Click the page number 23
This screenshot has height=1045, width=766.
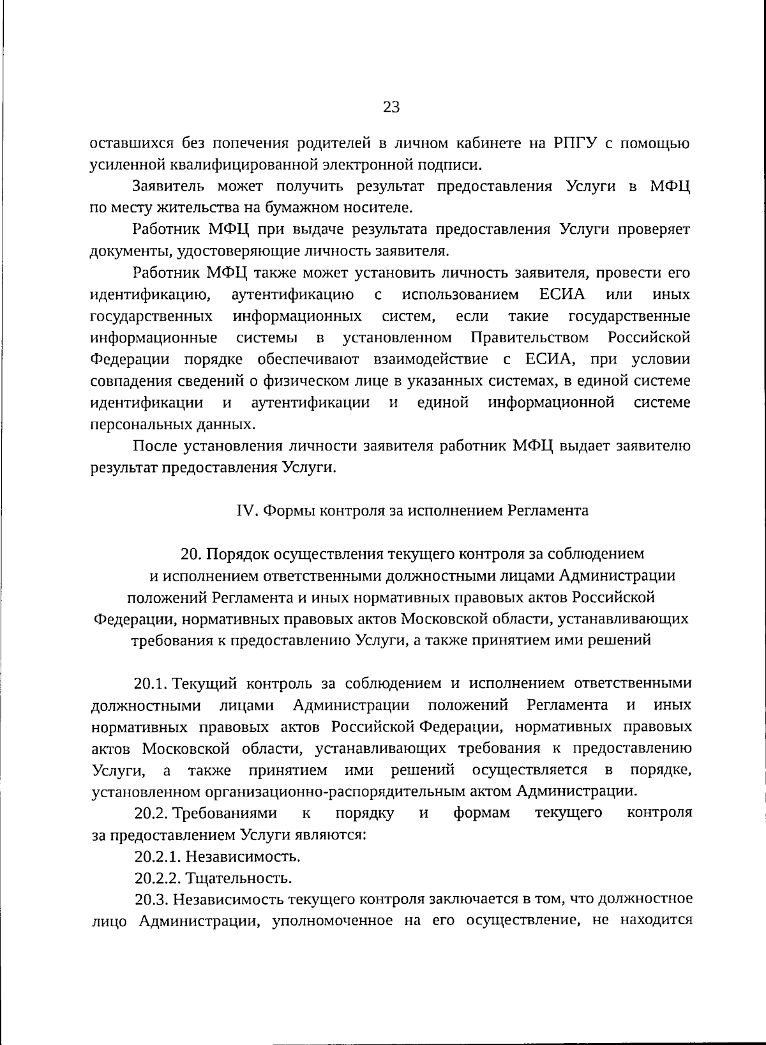pyautogui.click(x=391, y=107)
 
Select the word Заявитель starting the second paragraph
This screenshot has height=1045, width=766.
pyautogui.click(x=169, y=187)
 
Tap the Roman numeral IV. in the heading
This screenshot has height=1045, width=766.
pyautogui.click(x=246, y=511)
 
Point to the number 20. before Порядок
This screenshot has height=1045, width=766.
pyautogui.click(x=190, y=554)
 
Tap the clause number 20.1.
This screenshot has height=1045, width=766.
pyautogui.click(x=151, y=683)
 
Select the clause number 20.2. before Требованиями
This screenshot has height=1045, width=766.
pyautogui.click(x=151, y=814)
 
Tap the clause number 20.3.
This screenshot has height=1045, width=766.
pyautogui.click(x=151, y=900)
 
